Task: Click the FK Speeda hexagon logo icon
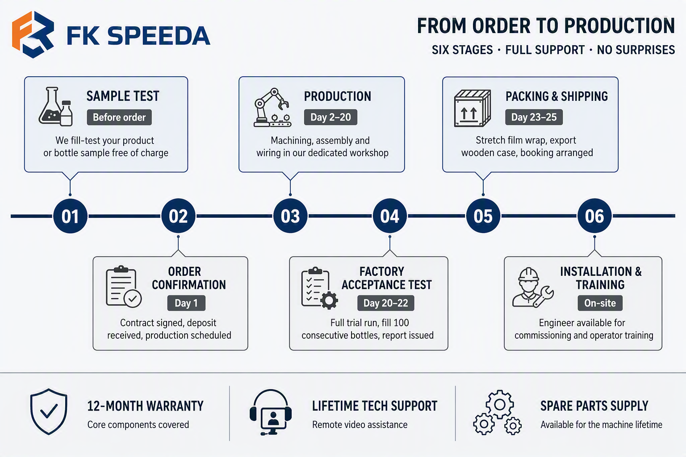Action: point(33,35)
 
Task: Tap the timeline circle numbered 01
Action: point(70,216)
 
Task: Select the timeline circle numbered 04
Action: point(389,216)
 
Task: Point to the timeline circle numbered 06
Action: point(594,216)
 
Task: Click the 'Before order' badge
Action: point(119,117)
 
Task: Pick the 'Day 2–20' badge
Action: point(330,117)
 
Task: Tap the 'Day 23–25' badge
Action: point(534,117)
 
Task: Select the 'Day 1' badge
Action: point(186,303)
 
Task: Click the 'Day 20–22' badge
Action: point(385,303)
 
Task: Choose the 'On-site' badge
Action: point(600,303)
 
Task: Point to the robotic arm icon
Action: point(272,108)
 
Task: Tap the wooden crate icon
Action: point(472,108)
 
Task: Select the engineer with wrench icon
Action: point(533,287)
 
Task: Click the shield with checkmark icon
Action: point(49,411)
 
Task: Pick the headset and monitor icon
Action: point(271,412)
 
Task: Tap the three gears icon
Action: point(498,412)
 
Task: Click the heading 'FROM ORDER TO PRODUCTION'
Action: point(546,26)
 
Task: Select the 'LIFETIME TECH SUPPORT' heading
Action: point(375,406)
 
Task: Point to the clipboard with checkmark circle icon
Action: point(124,287)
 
